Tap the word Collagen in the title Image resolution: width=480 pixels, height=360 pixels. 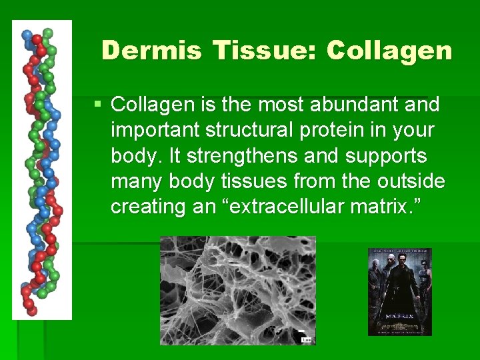(391, 50)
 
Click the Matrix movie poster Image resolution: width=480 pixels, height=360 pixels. (400, 291)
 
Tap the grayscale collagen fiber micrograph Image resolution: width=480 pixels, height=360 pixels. (237, 290)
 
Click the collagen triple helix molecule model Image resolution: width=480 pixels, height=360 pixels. (41, 170)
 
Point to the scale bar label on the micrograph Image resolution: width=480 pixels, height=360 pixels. (306, 339)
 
